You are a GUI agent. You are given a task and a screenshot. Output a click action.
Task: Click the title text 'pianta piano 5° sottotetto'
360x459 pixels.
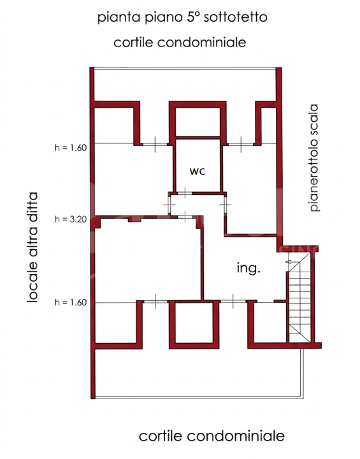click(x=182, y=17)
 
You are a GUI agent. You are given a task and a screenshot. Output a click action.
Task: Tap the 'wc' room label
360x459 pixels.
click(x=198, y=171)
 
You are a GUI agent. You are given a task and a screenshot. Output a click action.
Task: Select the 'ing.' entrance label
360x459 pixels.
click(x=248, y=268)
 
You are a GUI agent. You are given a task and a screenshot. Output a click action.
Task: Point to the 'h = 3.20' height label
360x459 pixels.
click(x=71, y=219)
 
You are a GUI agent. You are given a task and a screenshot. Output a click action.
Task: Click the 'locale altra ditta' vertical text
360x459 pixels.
click(x=32, y=247)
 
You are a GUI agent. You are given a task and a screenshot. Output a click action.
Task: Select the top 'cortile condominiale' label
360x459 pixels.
click(x=180, y=43)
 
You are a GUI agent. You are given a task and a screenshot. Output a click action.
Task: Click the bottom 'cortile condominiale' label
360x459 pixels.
click(x=212, y=436)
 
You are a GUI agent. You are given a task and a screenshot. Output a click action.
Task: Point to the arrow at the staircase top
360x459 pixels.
click(x=292, y=262)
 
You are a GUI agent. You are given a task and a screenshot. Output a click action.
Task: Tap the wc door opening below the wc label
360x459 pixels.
click(x=185, y=193)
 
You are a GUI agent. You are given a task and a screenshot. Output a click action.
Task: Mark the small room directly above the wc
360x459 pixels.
click(x=198, y=122)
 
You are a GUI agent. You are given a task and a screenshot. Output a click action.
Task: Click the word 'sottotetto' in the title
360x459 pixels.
click(x=235, y=17)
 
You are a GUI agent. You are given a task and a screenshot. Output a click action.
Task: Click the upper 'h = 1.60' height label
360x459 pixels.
click(x=71, y=147)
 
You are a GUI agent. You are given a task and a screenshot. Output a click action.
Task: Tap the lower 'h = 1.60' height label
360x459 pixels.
click(x=71, y=302)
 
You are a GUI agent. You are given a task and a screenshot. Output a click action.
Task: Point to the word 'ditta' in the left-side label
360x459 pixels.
click(x=32, y=205)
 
